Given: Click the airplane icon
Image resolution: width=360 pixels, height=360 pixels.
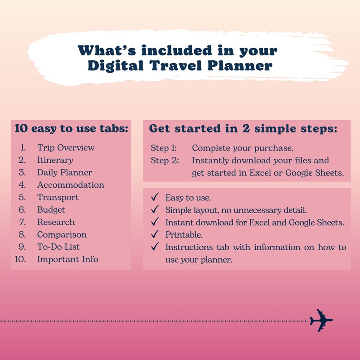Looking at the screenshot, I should pos(321,321).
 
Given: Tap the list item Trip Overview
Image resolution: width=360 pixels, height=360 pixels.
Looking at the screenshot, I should pos(66,148).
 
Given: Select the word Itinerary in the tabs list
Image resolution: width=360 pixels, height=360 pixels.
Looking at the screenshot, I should pos(55,160).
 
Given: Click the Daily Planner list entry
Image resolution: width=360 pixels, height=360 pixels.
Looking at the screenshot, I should pos(64,173).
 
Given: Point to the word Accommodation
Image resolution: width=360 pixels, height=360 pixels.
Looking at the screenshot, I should pos(71,185).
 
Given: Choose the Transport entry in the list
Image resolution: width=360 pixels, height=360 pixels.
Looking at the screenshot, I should pos(58,197).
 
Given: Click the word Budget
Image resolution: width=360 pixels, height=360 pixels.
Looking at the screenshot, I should pos(51,210).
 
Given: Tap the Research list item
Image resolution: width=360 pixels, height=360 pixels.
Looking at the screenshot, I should pos(56,222).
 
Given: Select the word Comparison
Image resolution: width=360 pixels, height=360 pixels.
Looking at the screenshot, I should pos(62,235).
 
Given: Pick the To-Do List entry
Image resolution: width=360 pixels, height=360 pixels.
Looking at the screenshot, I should pos(58,247).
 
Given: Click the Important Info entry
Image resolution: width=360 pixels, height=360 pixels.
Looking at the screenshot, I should pos(68,259).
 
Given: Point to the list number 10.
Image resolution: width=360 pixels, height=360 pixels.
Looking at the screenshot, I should pos(20,259).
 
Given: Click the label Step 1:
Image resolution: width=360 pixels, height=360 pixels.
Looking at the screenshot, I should pos(164,148).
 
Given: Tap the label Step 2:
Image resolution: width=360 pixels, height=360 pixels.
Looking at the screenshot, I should pos(164,161).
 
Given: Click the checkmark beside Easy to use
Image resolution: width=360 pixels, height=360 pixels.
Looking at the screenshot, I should pos(155,198).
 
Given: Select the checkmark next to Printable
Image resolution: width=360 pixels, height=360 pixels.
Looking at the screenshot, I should pos(155,235).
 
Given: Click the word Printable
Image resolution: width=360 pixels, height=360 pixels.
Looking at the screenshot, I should pos(184,235).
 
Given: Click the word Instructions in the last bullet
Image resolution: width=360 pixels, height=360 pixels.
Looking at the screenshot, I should pos(186,248).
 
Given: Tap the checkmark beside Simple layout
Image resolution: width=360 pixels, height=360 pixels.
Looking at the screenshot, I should pos(155,210).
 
